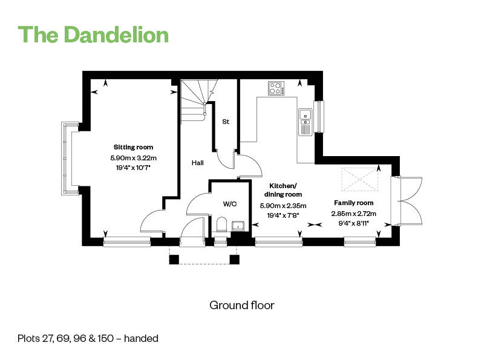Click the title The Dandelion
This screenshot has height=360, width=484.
point(93,34)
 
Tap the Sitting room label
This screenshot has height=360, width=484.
point(133,147)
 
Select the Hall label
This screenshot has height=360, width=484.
point(198,163)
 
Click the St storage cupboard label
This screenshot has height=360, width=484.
point(226,122)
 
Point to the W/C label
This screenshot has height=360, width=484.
point(230,204)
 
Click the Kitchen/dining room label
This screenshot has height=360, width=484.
point(283,190)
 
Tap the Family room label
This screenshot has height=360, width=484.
point(354,203)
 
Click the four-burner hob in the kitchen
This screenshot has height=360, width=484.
point(276,88)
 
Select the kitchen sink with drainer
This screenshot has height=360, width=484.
point(306,122)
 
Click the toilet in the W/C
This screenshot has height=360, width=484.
point(221,224)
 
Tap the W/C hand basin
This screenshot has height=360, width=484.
point(238,226)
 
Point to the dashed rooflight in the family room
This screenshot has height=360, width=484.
point(359,179)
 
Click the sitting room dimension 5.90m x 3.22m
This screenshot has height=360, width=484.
point(133,158)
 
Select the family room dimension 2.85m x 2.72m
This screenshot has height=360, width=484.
point(354,214)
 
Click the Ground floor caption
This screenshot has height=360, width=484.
point(241,306)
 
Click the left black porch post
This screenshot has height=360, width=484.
point(174,260)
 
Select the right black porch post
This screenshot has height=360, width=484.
point(235,260)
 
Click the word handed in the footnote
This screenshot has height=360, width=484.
point(141,338)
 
